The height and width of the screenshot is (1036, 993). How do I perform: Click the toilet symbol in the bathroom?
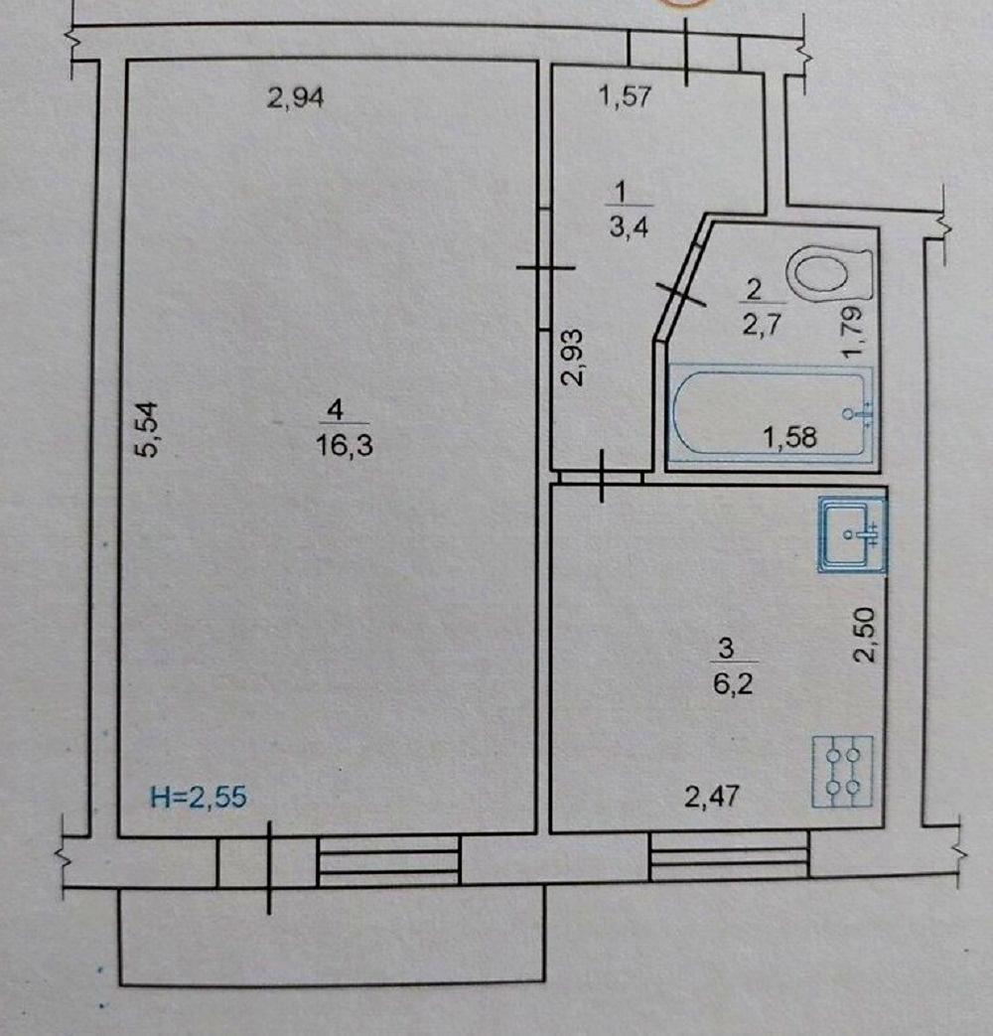829,274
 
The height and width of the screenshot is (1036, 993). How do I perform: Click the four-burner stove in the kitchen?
843,771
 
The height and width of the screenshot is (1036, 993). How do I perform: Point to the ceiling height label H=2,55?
199,797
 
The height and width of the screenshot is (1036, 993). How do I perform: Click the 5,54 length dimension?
147,429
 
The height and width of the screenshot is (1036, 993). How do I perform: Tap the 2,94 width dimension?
295,98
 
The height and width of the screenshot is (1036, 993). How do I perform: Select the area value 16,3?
345,445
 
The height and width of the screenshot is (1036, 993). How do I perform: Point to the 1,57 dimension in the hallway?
625,97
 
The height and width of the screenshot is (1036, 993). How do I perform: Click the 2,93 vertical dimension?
573,358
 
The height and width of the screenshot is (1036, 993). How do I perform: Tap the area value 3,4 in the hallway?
629,227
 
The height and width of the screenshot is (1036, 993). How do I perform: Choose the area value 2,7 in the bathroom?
762,325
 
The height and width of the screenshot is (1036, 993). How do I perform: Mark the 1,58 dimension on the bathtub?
790,437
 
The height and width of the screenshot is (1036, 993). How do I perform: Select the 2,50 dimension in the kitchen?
865,635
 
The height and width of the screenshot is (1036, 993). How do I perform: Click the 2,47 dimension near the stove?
712,797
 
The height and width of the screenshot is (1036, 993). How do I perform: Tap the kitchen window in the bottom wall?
730,856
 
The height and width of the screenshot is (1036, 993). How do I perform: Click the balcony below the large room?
332,936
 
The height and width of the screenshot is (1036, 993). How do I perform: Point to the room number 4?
336,410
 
